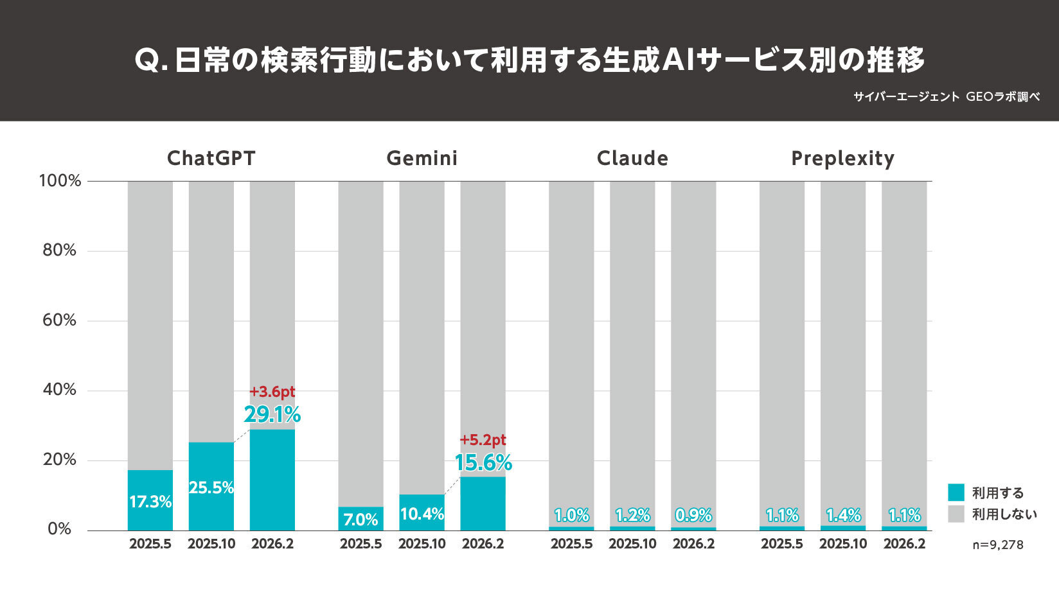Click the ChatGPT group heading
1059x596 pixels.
point(211,158)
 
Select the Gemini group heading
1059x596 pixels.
point(422,158)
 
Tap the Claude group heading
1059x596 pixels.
point(632,158)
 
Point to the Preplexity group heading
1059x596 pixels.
point(842,158)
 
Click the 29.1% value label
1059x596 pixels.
point(272,414)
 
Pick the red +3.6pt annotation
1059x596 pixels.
point(272,391)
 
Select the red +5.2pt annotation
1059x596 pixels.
point(483,440)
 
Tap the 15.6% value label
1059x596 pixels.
point(483,462)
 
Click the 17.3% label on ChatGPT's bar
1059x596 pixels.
point(150,502)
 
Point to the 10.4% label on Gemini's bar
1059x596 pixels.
point(422,514)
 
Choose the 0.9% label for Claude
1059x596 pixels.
point(693,515)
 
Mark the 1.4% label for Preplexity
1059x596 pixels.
point(843,515)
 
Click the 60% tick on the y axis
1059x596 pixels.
point(59,320)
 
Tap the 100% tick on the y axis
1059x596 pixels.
point(60,180)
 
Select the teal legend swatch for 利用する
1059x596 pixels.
point(956,493)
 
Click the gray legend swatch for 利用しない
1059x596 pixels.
point(956,514)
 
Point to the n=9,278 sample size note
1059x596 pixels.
point(997,545)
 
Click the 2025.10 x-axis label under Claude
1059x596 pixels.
point(632,544)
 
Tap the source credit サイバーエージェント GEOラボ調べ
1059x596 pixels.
point(946,97)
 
